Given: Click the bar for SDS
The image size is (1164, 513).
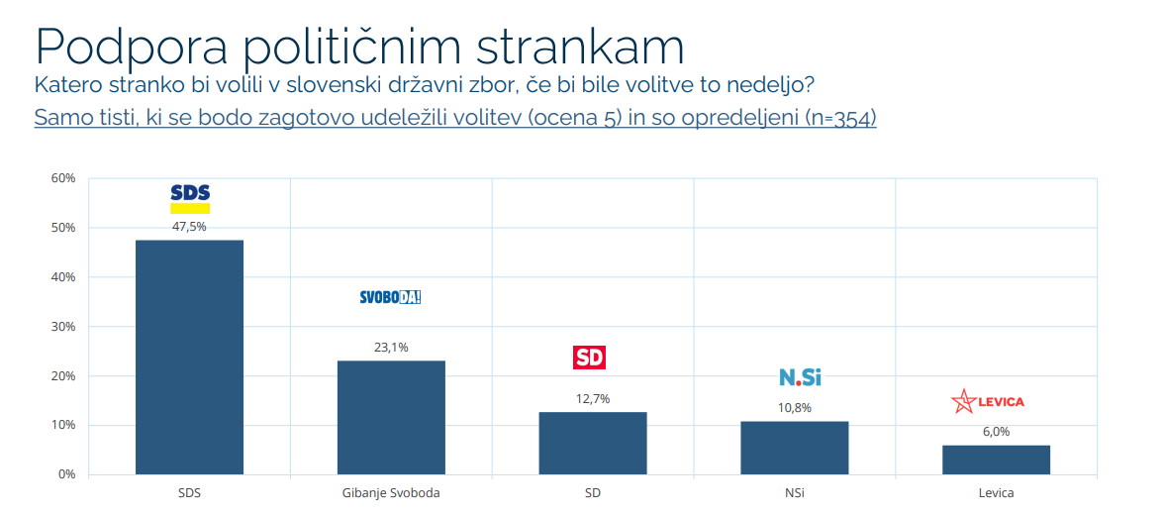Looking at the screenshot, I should pos(189,357).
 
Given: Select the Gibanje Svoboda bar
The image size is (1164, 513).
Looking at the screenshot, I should pos(391,417).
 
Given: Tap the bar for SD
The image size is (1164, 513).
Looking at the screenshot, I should pos(592,443).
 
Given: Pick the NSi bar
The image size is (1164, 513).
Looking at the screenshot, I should pos(794,448).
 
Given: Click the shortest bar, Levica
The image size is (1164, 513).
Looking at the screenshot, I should pos(996,460).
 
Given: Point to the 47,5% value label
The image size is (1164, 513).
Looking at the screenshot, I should pos(189,227).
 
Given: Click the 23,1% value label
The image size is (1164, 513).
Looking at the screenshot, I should pos(391,348).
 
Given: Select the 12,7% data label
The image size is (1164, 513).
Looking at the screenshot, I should pos(592,399).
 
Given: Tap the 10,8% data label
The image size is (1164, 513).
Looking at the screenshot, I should pos(794,408).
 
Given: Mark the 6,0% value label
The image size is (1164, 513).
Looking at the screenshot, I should pos(996,432).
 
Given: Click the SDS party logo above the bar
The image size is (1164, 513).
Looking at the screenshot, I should pos(190,197).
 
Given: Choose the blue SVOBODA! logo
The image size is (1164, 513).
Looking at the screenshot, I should pos(390,296).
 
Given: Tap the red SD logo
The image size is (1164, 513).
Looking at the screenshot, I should pos(590,358).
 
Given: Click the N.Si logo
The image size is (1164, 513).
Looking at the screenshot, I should pos(800,377).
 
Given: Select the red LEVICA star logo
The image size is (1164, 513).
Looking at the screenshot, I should pos(987,401).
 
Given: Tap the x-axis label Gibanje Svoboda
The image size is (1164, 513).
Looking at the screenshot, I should pos(390,492).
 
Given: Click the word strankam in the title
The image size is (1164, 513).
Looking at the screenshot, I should pos(580,46).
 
